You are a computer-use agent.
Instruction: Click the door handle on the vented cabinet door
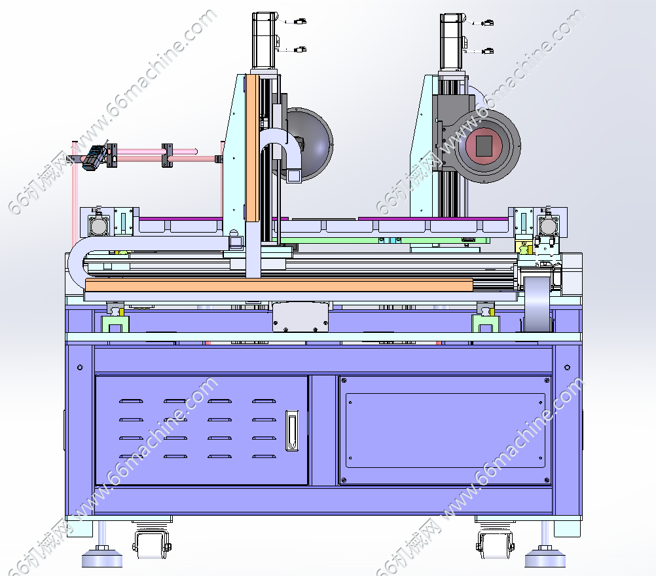coord(292,431)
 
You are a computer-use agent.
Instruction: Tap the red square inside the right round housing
coord(484,145)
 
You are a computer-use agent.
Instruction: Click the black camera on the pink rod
coord(94,157)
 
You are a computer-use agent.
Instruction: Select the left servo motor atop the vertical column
coord(265,40)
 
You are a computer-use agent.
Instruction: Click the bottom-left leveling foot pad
coord(102,558)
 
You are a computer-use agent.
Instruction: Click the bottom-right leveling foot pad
coord(545,558)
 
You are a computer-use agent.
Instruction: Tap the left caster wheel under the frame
coord(152,544)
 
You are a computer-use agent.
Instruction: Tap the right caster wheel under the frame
coord(495,544)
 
